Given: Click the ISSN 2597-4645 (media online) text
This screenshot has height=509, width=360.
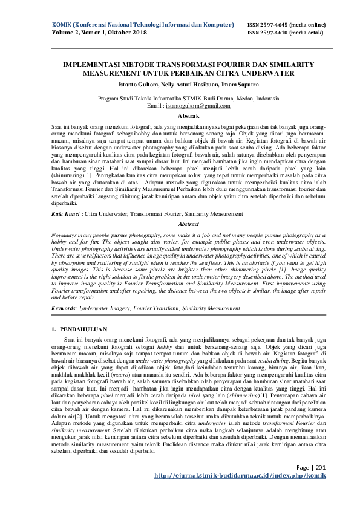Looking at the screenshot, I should point(286,25).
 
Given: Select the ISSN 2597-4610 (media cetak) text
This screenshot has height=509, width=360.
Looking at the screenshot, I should point(284,33).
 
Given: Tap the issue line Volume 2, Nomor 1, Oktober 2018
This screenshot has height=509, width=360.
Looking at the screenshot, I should point(96,33).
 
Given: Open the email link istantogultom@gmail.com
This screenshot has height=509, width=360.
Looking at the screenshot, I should point(199,105).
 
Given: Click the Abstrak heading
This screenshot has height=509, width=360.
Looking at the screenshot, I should point(180,114).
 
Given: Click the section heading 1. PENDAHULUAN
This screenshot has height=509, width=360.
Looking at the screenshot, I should point(76,329).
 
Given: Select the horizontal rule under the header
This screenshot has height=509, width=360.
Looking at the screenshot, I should point(180,47).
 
